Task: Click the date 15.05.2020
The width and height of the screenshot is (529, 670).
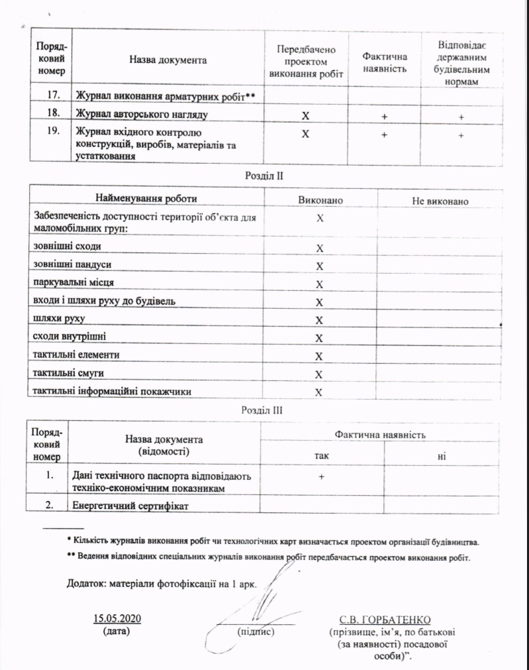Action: tap(119, 619)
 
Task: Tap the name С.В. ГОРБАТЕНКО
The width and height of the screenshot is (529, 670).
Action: tap(385, 620)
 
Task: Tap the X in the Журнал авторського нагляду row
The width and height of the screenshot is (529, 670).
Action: tap(306, 116)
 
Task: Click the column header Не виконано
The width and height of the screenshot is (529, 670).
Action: tap(440, 200)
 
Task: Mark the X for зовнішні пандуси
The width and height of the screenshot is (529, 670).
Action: tap(319, 266)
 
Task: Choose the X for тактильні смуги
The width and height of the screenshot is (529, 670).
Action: tap(319, 374)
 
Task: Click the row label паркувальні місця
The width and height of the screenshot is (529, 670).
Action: tap(74, 283)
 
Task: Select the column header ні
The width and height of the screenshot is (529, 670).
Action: tap(441, 456)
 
